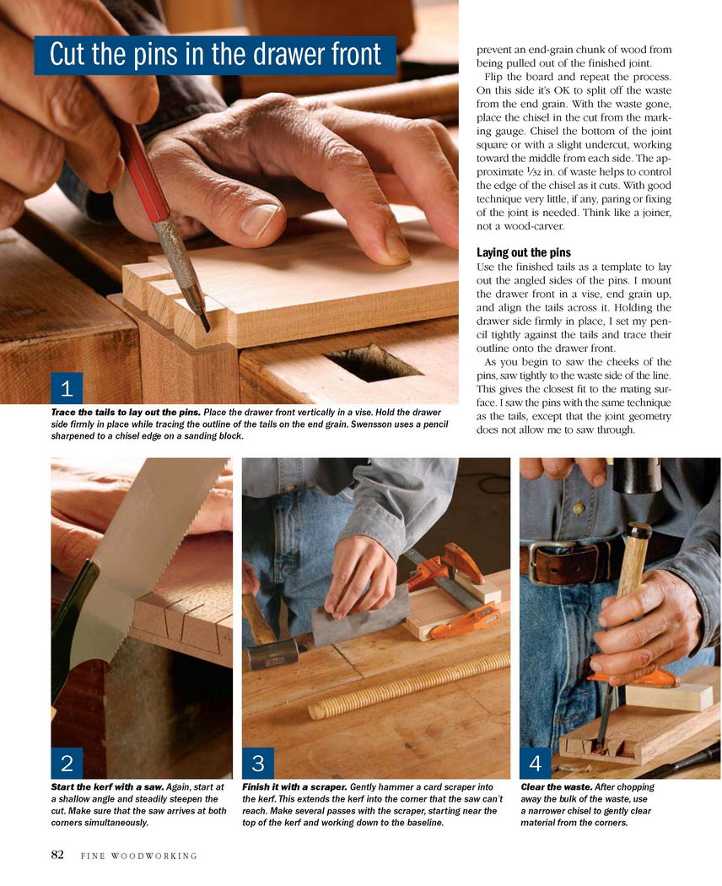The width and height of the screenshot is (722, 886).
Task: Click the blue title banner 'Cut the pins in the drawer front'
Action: pyautogui.click(x=215, y=55)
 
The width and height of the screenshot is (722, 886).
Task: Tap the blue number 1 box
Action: pyautogui.click(x=67, y=388)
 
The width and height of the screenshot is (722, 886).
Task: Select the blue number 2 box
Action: pyautogui.click(x=67, y=764)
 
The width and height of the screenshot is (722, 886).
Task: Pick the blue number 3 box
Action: pyautogui.click(x=258, y=764)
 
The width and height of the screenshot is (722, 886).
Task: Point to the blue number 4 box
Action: pyautogui.click(x=536, y=764)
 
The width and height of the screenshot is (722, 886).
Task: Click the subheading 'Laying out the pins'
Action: pyautogui.click(x=524, y=252)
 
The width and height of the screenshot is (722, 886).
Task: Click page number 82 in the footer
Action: pyautogui.click(x=57, y=854)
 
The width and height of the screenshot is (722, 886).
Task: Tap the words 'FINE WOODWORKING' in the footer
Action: pyautogui.click(x=139, y=856)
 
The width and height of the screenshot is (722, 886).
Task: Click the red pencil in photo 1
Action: pyautogui.click(x=164, y=226)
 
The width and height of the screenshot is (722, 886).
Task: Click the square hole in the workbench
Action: pyautogui.click(x=374, y=362)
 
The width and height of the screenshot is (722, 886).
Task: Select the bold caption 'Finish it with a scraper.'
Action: pyautogui.click(x=295, y=787)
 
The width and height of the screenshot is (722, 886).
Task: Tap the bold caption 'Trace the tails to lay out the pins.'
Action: pyautogui.click(x=126, y=413)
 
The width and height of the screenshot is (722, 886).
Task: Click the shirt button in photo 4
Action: pyautogui.click(x=578, y=509)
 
